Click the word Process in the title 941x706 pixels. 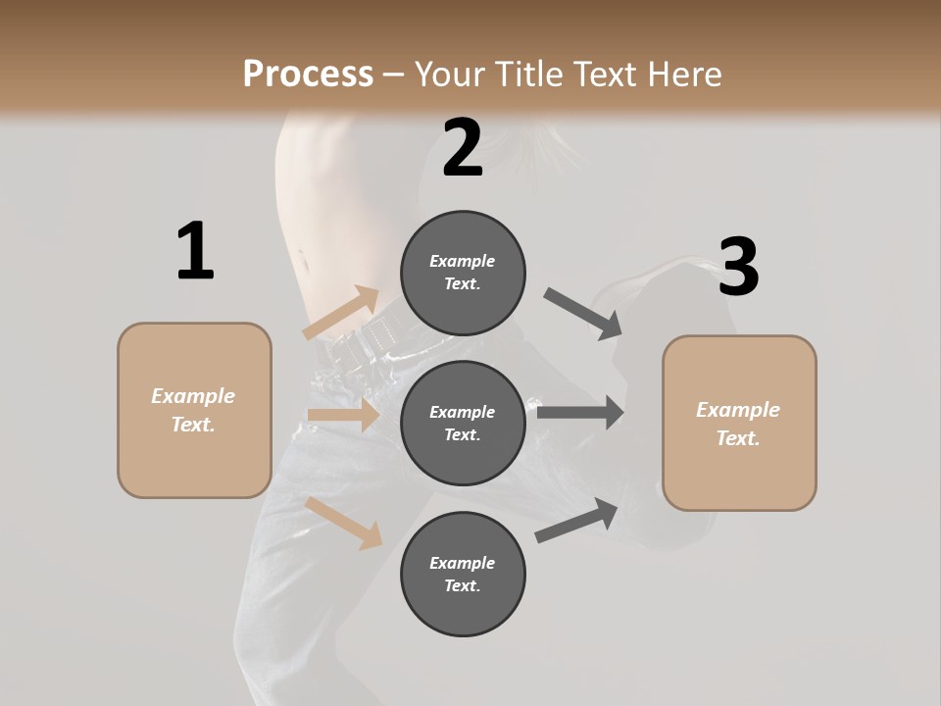pyautogui.click(x=308, y=74)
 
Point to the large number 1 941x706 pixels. pyautogui.click(x=195, y=251)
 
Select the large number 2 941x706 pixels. pyautogui.click(x=463, y=148)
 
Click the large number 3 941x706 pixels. pyautogui.click(x=738, y=267)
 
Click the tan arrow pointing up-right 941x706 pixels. pyautogui.click(x=342, y=313)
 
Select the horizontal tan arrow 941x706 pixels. pyautogui.click(x=343, y=416)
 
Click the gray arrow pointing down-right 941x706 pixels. pyautogui.click(x=582, y=313)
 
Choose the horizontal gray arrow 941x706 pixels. pyautogui.click(x=580, y=412)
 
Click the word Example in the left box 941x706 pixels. pyautogui.click(x=193, y=396)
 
